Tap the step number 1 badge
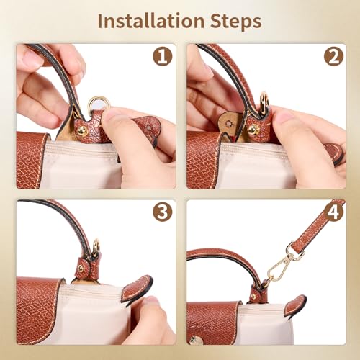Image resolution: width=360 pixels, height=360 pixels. coord(163,56)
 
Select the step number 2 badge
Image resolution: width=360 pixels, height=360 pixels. coord(333,56)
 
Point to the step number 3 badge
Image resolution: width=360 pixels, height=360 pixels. coord(163,212)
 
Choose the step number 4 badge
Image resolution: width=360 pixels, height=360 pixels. coord(333,212)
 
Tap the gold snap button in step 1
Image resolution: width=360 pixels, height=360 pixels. coord(82,130)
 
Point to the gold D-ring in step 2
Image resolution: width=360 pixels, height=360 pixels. coord(264,102)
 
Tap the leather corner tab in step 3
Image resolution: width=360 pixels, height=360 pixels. coord(136,289)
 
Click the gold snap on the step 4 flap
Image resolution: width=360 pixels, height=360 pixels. coord(195,339)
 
